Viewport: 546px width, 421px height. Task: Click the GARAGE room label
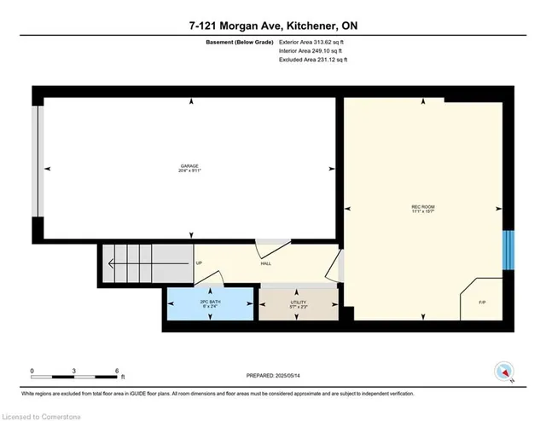tap(189, 168)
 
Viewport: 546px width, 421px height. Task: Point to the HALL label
tap(266, 264)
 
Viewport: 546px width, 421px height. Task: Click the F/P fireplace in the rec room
tap(481, 301)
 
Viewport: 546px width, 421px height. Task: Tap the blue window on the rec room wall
tap(508, 249)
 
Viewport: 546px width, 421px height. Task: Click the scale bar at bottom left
tap(74, 376)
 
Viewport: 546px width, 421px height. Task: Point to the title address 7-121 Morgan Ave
tap(273, 26)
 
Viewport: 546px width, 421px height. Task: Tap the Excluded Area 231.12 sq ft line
tap(313, 60)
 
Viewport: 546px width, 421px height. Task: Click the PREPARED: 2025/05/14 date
tap(273, 376)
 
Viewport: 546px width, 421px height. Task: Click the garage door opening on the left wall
tap(36, 162)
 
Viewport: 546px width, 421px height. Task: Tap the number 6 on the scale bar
tap(117, 370)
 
